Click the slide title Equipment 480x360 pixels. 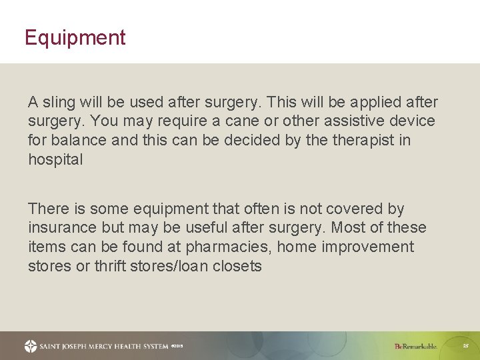click(75, 38)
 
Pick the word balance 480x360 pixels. click(91, 141)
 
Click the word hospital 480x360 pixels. click(55, 160)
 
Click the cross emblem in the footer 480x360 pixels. click(31, 346)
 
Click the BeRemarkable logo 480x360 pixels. click(415, 346)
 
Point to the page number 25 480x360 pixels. click(466, 346)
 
